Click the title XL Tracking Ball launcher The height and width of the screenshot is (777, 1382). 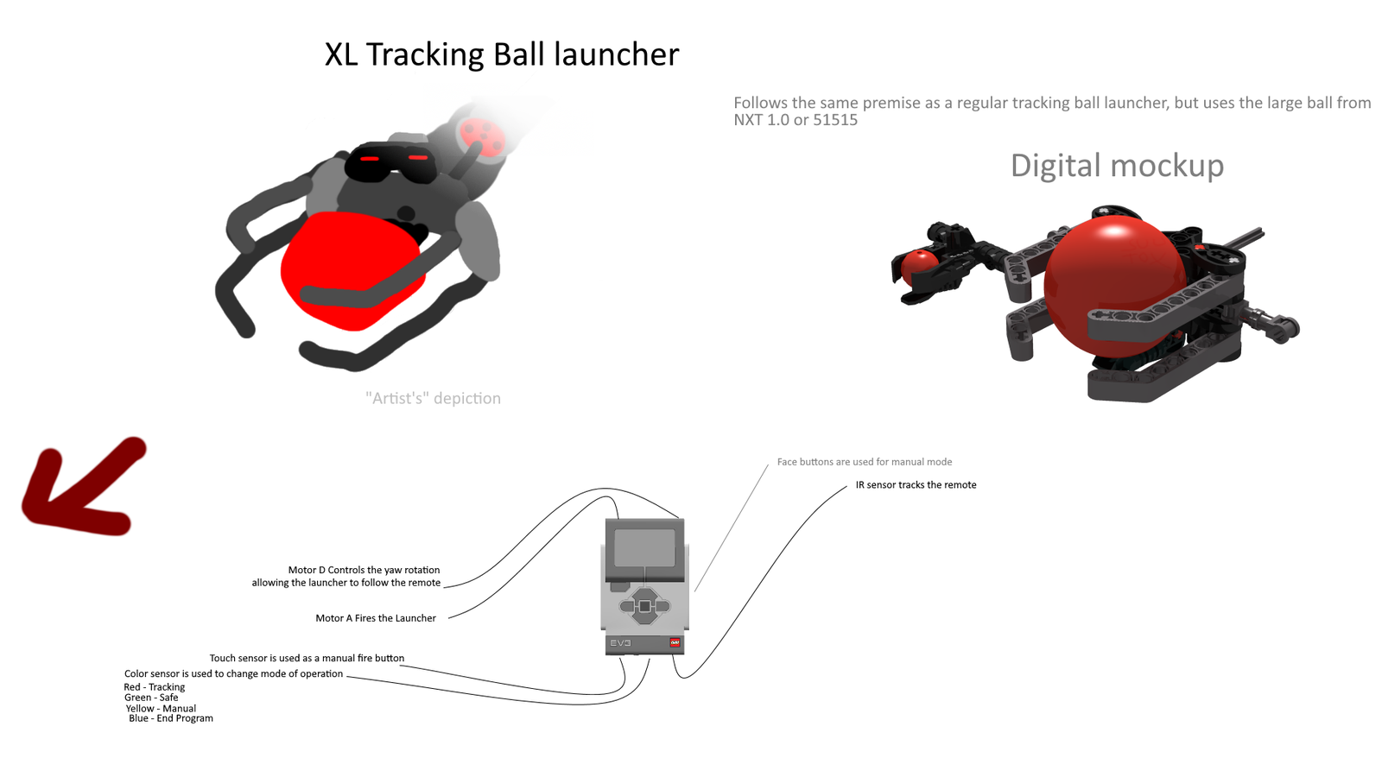[x=501, y=54]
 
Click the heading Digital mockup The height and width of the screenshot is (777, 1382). [x=1116, y=165]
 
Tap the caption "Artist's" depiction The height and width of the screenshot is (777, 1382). [x=433, y=398]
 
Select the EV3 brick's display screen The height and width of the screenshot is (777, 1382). [x=644, y=547]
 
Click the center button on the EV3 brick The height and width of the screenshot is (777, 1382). [x=644, y=606]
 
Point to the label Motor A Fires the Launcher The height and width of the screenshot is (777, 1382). [x=376, y=618]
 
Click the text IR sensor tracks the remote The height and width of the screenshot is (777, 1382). [x=916, y=485]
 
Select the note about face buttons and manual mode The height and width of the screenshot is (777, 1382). [x=864, y=462]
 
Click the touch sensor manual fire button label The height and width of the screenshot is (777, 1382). [x=307, y=658]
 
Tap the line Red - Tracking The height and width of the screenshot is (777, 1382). [x=155, y=687]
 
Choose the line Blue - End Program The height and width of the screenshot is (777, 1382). [x=171, y=718]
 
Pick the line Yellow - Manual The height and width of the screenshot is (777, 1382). [x=162, y=708]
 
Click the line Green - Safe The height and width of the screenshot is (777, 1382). [x=151, y=698]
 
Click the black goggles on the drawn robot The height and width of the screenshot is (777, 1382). [x=390, y=162]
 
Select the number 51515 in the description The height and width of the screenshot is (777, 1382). [x=835, y=120]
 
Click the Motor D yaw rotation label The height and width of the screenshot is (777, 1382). [x=346, y=576]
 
